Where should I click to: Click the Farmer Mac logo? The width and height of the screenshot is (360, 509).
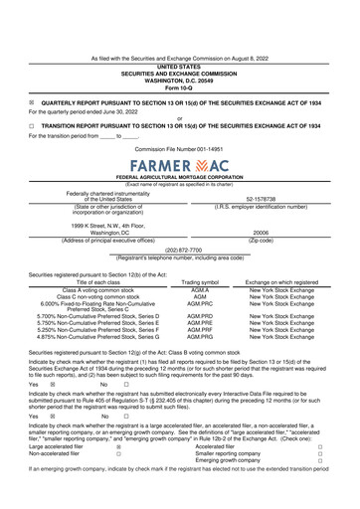tap(179, 161)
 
